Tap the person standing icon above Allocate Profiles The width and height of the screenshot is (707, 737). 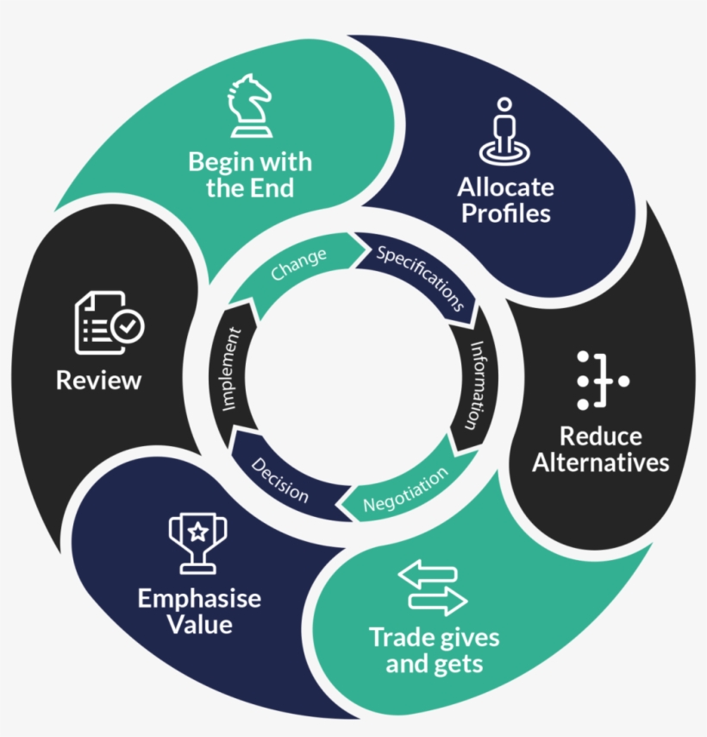[505, 131]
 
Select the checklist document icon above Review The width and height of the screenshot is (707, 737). [107, 324]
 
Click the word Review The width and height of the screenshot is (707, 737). [98, 380]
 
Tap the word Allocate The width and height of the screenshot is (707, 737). [505, 187]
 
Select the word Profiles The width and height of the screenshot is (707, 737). [505, 213]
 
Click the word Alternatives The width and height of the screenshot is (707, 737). [600, 463]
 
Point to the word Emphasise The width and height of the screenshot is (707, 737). [199, 598]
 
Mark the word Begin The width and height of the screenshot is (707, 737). [220, 161]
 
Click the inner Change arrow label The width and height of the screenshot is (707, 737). [298, 264]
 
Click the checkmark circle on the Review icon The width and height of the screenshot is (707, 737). [129, 325]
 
